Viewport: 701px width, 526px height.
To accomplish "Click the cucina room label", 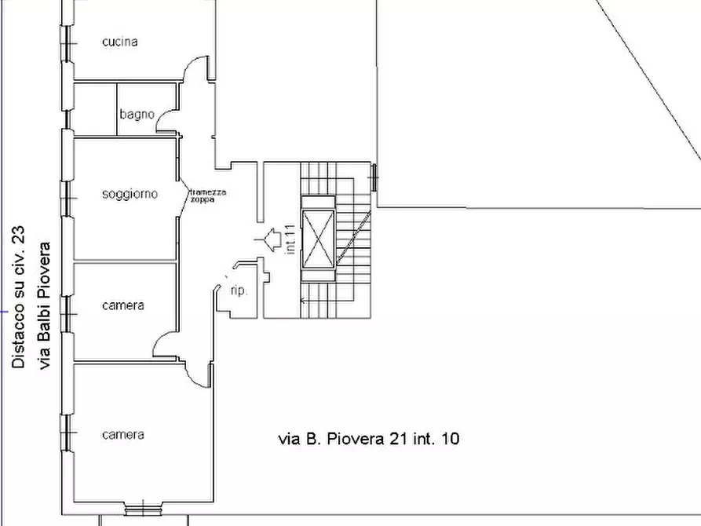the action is (x=120, y=42).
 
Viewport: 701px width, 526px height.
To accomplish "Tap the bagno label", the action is (x=137, y=115).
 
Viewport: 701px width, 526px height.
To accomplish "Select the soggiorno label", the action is (x=130, y=194).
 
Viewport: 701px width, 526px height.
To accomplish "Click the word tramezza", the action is (x=208, y=192).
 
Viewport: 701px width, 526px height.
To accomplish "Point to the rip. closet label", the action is (x=239, y=290).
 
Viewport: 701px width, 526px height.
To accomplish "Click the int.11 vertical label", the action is (x=290, y=239).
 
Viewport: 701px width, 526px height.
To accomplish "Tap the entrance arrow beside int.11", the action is (x=268, y=239).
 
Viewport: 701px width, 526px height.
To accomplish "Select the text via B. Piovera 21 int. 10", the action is (x=369, y=439).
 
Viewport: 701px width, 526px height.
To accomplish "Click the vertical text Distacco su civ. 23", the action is (x=18, y=297).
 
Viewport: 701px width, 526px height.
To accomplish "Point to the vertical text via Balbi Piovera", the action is (x=45, y=306).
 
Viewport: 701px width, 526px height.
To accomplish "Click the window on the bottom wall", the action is (x=143, y=510).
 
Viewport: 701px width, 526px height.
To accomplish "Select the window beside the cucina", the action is (x=67, y=43).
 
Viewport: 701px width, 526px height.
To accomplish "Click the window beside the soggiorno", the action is (x=67, y=199).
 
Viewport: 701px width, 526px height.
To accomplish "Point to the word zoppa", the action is (x=203, y=199).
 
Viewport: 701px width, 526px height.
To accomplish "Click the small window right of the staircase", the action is (x=374, y=177).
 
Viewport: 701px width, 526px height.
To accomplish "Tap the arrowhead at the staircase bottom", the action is (x=303, y=301).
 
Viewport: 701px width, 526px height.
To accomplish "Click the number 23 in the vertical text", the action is (x=18, y=234).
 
